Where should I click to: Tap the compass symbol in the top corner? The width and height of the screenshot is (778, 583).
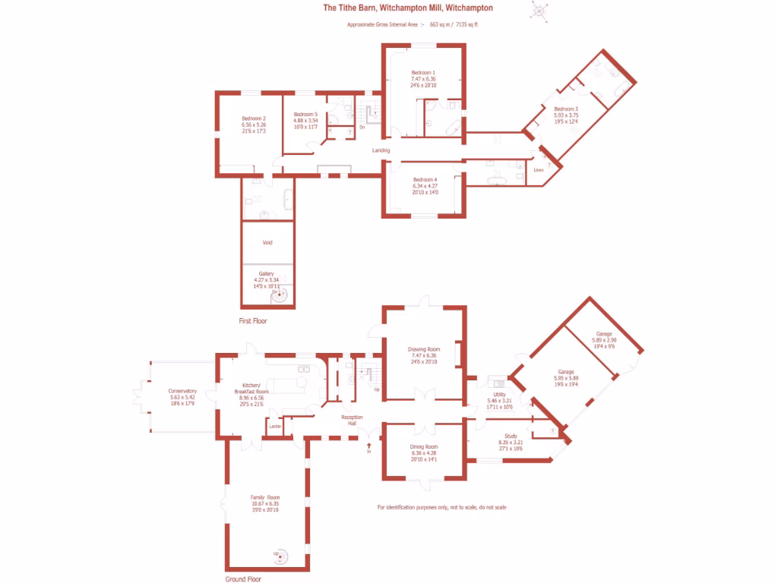point(541,10)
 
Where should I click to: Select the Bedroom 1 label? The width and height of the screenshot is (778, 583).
point(423,72)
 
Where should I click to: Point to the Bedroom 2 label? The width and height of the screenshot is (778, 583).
point(254,118)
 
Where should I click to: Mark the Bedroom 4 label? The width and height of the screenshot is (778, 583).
point(425,180)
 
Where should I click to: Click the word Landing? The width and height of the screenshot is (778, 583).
point(381,150)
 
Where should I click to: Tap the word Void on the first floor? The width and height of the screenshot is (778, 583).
point(267,243)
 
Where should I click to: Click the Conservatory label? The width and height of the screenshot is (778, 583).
point(182,391)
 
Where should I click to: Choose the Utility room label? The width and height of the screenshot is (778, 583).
point(499,395)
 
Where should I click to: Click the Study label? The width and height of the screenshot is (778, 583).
point(510,436)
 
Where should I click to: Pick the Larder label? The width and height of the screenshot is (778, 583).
point(275,427)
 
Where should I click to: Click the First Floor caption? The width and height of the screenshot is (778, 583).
point(253,321)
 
